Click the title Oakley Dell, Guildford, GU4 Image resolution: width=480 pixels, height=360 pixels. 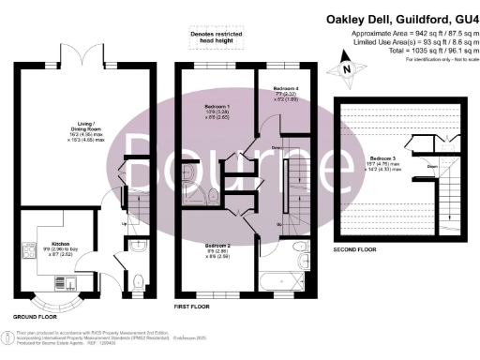[400, 18]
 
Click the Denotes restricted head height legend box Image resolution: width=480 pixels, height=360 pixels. [217, 37]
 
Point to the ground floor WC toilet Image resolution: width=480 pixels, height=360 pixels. [138, 277]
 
